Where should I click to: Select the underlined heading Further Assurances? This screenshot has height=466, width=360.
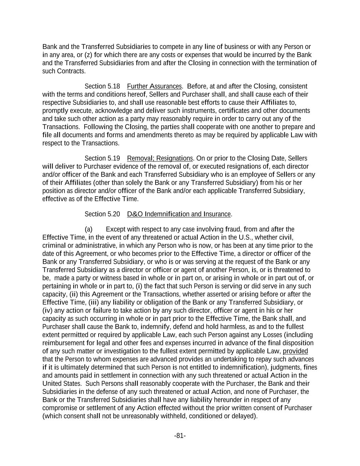[x=154, y=86]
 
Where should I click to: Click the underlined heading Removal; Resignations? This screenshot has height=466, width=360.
[x=160, y=158]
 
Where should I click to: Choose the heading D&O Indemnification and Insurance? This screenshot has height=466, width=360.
[x=179, y=214]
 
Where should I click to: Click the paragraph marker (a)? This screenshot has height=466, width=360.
[x=88, y=229]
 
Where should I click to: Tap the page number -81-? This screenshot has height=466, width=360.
[x=180, y=436]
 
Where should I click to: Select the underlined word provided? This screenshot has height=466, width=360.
[x=296, y=351]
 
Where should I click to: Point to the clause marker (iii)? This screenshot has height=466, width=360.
[x=93, y=302]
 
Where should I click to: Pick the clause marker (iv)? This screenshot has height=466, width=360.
[x=47, y=311]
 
